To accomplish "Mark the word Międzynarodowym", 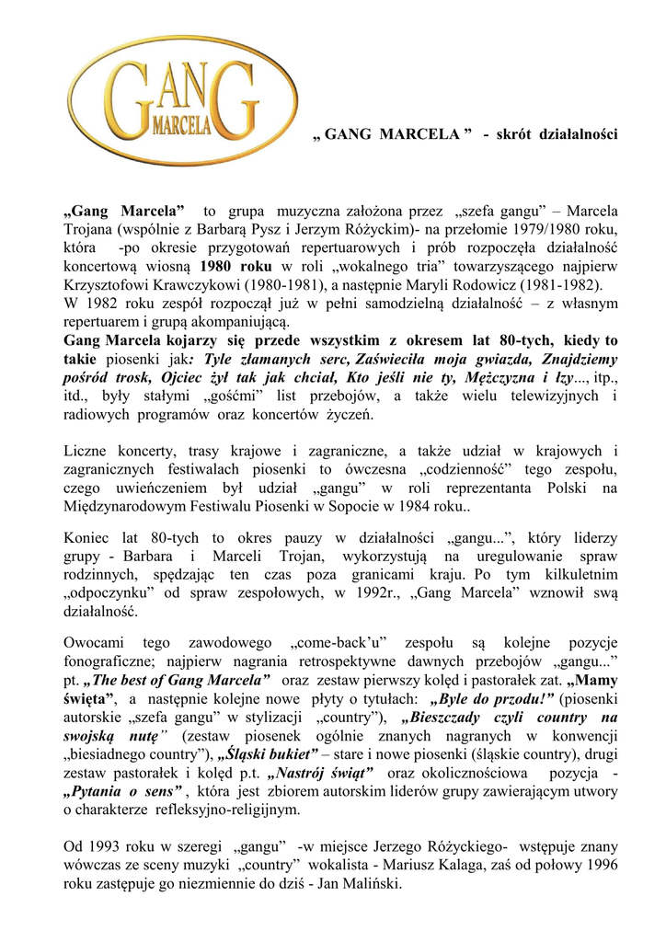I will (121, 507).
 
